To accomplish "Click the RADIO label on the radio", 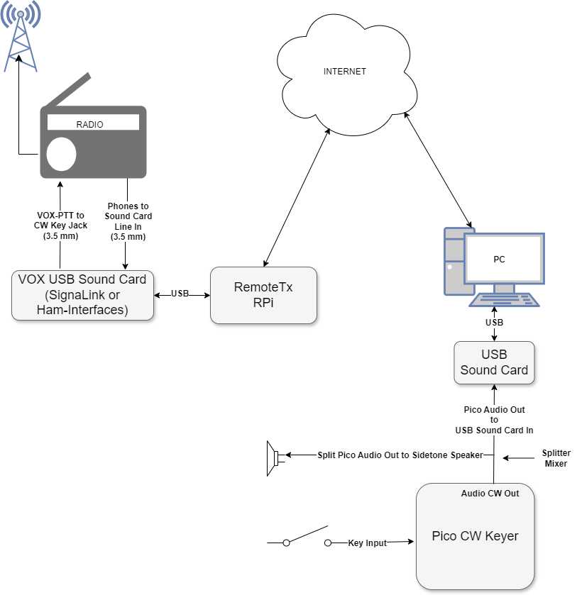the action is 89,125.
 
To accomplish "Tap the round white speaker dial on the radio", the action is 61,154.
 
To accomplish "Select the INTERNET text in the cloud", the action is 344,72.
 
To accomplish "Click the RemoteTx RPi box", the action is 263,295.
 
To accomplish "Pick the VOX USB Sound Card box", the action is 82,295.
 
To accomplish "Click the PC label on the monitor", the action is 499,259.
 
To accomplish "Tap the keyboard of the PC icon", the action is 504,300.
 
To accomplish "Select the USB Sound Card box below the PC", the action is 494,362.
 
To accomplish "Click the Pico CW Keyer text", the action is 475,536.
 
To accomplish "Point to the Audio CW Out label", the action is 490,494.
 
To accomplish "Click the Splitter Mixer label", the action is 556,458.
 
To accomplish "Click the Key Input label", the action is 368,543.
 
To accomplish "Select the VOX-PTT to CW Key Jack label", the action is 60,226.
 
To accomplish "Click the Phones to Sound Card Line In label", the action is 128,221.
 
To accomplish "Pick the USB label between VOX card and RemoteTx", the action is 180,294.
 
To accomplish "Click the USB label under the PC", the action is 494,322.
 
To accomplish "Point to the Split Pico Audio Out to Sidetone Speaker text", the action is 400,455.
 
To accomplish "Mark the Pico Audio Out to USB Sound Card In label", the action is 494,420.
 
